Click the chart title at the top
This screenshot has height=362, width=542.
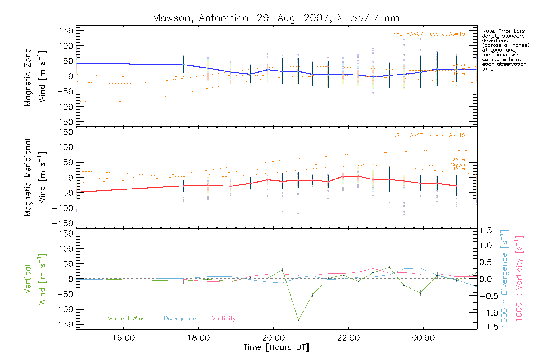pos(276,18)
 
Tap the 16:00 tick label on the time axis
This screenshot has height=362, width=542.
pos(123,338)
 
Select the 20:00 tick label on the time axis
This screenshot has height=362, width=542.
pos(273,338)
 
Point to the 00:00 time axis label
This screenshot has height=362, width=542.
pos(423,338)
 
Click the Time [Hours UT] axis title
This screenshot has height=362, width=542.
pos(276,347)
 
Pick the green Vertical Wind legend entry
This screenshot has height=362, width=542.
pos(126,319)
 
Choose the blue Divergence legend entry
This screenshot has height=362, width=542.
pos(180,319)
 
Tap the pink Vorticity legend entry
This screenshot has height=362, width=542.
pos(223,319)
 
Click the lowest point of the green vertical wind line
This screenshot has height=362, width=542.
pos(298,320)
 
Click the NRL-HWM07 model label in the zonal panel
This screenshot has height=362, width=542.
pos(429,34)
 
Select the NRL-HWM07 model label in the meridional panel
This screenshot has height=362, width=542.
pos(429,135)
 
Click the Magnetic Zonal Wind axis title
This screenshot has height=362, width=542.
pos(35,76)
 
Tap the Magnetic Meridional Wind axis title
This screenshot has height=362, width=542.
pos(35,178)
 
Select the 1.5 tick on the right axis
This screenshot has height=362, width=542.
pos(485,231)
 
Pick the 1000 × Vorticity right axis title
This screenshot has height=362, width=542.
pos(519,279)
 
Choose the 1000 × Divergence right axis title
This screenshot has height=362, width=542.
pos(505,279)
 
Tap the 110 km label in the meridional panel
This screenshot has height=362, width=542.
pos(458,169)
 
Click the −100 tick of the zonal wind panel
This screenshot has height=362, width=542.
pos(63,107)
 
